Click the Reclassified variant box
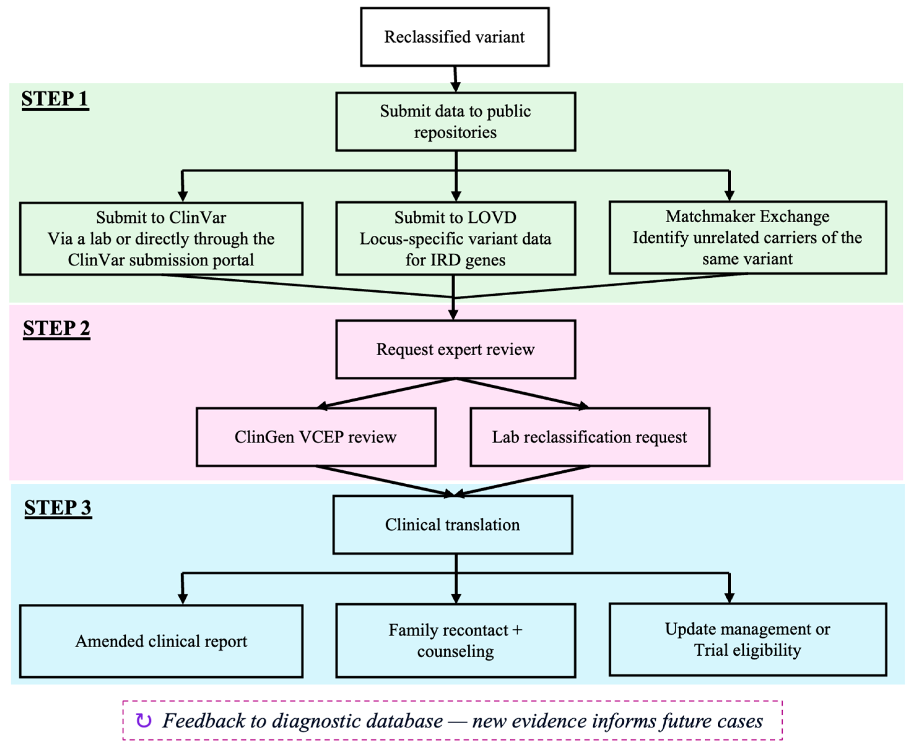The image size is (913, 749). click(x=455, y=37)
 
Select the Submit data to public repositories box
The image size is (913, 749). click(x=456, y=122)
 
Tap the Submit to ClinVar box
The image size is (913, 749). click(x=161, y=239)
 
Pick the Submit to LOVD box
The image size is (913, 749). click(x=456, y=239)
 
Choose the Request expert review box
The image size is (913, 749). click(x=456, y=349)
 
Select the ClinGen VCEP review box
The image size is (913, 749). click(x=316, y=437)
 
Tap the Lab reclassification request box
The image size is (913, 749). click(x=590, y=437)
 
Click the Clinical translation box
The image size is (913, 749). click(x=452, y=525)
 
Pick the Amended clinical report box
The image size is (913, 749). click(x=161, y=641)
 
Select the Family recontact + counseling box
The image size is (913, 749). click(x=456, y=641)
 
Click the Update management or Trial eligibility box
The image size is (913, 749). click(x=748, y=640)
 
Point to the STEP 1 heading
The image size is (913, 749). click(x=55, y=99)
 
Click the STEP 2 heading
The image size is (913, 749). click(x=57, y=329)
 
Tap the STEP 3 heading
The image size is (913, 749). click(x=58, y=508)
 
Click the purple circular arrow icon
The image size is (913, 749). click(x=144, y=721)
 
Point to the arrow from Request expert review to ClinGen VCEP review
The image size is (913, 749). click(x=386, y=393)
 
